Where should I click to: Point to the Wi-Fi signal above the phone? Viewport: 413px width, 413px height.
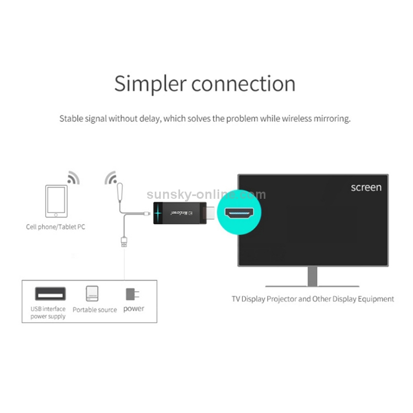(x=73, y=178)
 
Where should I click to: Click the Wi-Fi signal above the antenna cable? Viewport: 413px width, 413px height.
(x=112, y=178)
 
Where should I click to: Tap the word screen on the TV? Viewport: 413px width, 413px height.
(x=366, y=187)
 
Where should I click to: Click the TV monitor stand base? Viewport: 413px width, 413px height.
(x=312, y=285)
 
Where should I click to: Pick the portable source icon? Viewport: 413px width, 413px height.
(x=92, y=293)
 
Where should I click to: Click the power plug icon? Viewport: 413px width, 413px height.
(x=132, y=294)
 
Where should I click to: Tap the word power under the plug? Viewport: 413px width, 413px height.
(x=134, y=308)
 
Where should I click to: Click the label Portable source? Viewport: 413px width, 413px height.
(x=95, y=310)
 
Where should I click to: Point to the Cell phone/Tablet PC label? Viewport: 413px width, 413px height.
(x=56, y=226)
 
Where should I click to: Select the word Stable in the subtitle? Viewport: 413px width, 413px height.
(x=72, y=118)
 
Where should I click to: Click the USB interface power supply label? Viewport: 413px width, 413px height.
(x=48, y=313)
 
